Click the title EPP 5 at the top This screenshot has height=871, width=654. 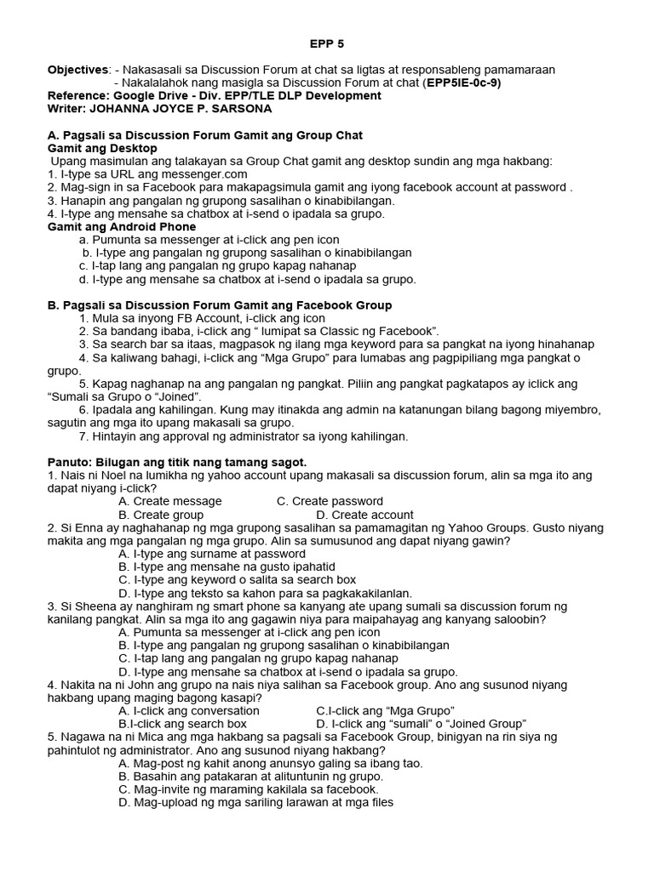(x=325, y=43)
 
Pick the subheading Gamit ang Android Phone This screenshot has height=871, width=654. (x=122, y=227)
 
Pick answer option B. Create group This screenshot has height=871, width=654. (x=161, y=515)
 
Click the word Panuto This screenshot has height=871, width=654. (x=72, y=461)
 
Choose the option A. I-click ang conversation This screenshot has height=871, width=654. (x=189, y=710)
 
